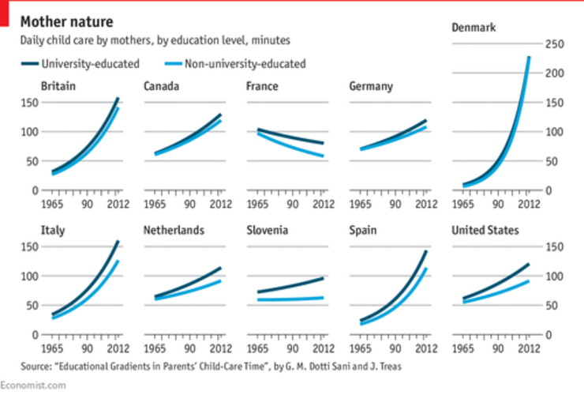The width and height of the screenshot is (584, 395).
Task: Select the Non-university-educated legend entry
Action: pos(245,63)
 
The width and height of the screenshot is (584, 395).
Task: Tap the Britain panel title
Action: pos(58,86)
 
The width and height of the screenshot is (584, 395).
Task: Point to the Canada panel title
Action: pos(161,86)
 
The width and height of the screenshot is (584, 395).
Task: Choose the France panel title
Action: pos(262,86)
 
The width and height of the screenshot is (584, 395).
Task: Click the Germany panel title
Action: pos(371,86)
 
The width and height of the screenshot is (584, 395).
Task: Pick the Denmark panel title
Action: pos(474,28)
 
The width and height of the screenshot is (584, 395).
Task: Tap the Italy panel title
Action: pos(53,231)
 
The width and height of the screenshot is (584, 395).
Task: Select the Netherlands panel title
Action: pos(174,231)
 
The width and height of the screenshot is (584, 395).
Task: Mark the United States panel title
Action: pos(485,231)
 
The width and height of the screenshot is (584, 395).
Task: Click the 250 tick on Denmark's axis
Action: pos(554,44)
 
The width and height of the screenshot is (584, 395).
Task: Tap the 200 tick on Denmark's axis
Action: pos(554,73)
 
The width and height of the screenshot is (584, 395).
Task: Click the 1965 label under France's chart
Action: pos(257,205)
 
